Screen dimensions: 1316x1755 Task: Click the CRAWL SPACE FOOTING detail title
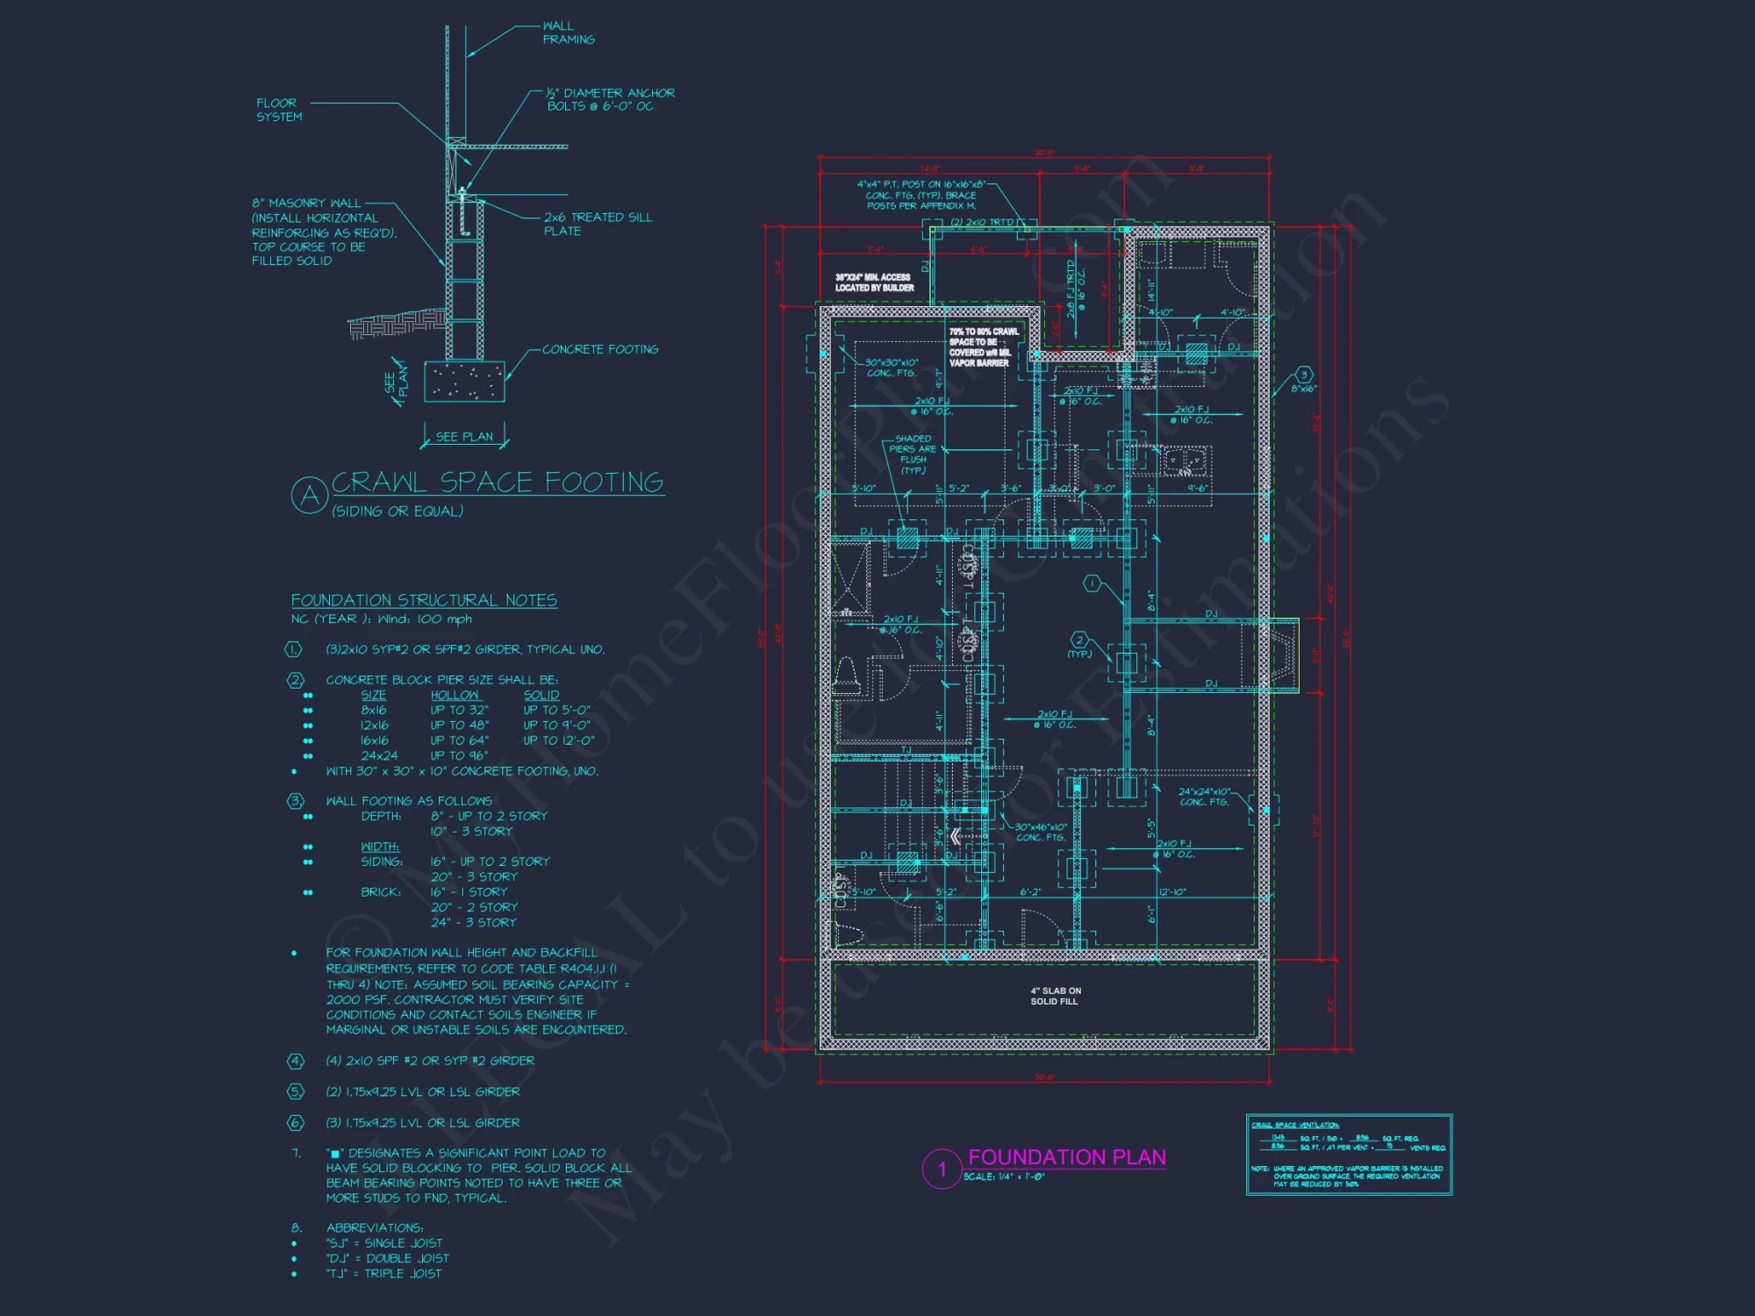coord(497,482)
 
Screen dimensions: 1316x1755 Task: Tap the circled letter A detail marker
coord(309,496)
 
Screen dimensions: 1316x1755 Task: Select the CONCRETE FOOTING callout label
coord(599,349)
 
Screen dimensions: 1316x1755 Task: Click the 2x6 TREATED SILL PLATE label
coord(597,224)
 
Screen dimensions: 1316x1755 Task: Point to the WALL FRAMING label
coord(568,32)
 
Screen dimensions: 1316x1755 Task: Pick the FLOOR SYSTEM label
coord(278,110)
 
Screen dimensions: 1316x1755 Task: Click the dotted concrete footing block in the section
coord(464,382)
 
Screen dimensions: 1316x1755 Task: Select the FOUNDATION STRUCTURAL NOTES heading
coord(424,600)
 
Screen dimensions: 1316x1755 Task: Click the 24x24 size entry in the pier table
coord(379,755)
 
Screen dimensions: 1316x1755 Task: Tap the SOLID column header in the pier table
coord(541,695)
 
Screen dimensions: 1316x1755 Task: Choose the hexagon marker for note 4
coord(296,1061)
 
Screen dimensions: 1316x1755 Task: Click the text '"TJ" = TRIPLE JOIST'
coord(383,1273)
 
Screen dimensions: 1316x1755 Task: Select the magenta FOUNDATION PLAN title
coord(1066,1157)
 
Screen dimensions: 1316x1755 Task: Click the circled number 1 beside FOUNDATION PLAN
coord(942,1169)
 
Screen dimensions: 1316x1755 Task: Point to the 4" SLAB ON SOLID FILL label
coord(1055,996)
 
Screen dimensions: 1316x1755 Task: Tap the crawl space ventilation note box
coord(1348,1154)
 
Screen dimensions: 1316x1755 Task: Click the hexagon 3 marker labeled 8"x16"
coord(1304,375)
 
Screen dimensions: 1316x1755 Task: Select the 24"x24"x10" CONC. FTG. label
coord(1204,797)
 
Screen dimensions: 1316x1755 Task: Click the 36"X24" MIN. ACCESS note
coord(874,283)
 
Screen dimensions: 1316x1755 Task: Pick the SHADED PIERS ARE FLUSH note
coord(913,454)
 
